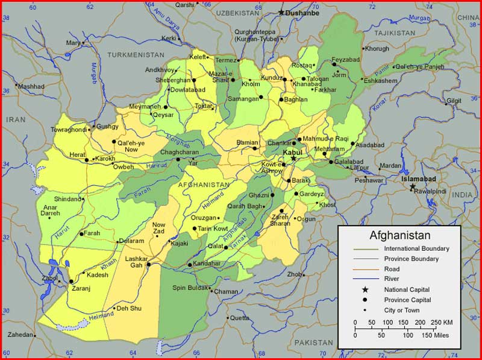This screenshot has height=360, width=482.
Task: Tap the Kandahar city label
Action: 208,265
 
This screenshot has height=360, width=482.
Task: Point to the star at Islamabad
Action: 412,187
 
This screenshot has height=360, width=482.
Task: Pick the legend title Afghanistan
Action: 399,235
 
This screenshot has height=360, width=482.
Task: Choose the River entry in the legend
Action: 392,279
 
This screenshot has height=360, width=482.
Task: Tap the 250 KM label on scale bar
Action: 443,322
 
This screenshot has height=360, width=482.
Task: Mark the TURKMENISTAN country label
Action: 136,54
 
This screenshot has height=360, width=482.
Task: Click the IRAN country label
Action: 16,120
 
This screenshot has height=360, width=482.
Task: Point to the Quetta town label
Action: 239,318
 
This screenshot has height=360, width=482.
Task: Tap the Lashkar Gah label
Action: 135,262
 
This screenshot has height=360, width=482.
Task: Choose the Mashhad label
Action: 31,86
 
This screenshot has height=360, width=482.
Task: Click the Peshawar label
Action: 369,180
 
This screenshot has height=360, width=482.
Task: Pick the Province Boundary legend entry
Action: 411,259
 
